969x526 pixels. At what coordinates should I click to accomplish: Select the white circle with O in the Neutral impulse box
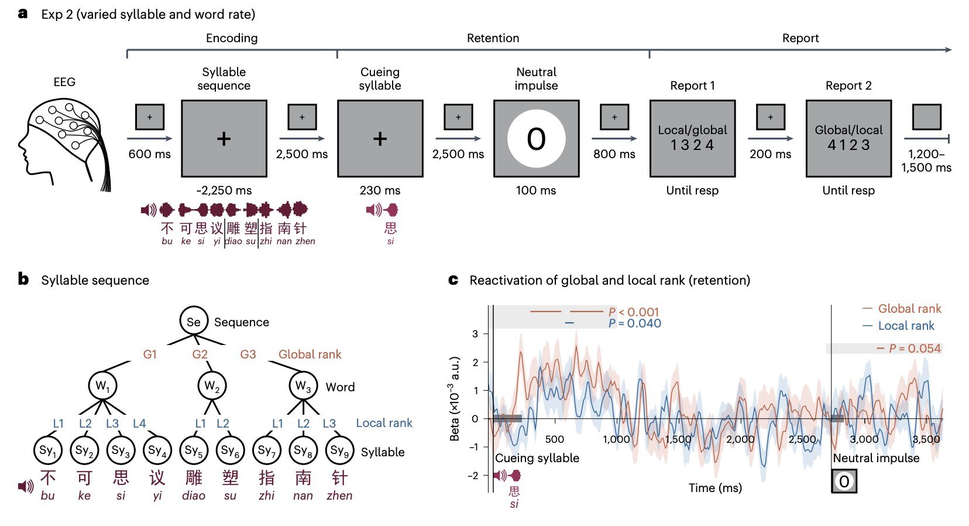coord(536,139)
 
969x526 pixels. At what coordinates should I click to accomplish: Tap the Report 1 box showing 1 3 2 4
coord(692,139)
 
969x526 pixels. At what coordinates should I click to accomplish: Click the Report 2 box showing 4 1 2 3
coord(848,139)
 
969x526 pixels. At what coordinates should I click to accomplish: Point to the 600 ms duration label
coord(150,154)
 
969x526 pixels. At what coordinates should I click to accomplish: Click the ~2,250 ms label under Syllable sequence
coord(224,190)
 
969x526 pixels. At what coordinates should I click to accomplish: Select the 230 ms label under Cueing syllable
coord(380,190)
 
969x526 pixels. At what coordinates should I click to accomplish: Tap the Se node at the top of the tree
coord(194,322)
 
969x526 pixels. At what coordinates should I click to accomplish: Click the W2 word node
coord(212,386)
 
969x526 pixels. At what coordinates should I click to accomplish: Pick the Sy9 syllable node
coord(339,450)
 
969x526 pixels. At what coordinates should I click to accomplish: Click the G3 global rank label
coord(248,354)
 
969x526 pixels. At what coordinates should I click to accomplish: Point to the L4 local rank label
coord(139,423)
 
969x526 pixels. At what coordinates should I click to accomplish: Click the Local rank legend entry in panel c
coord(906,326)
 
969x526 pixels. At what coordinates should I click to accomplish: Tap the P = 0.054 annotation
coord(915,349)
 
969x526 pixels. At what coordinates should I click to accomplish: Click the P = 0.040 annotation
coord(634,323)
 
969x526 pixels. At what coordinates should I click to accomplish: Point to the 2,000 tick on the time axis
coord(740,439)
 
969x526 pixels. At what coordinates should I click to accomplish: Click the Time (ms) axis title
coord(715,488)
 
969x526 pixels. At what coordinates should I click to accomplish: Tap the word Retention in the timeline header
coord(493,38)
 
